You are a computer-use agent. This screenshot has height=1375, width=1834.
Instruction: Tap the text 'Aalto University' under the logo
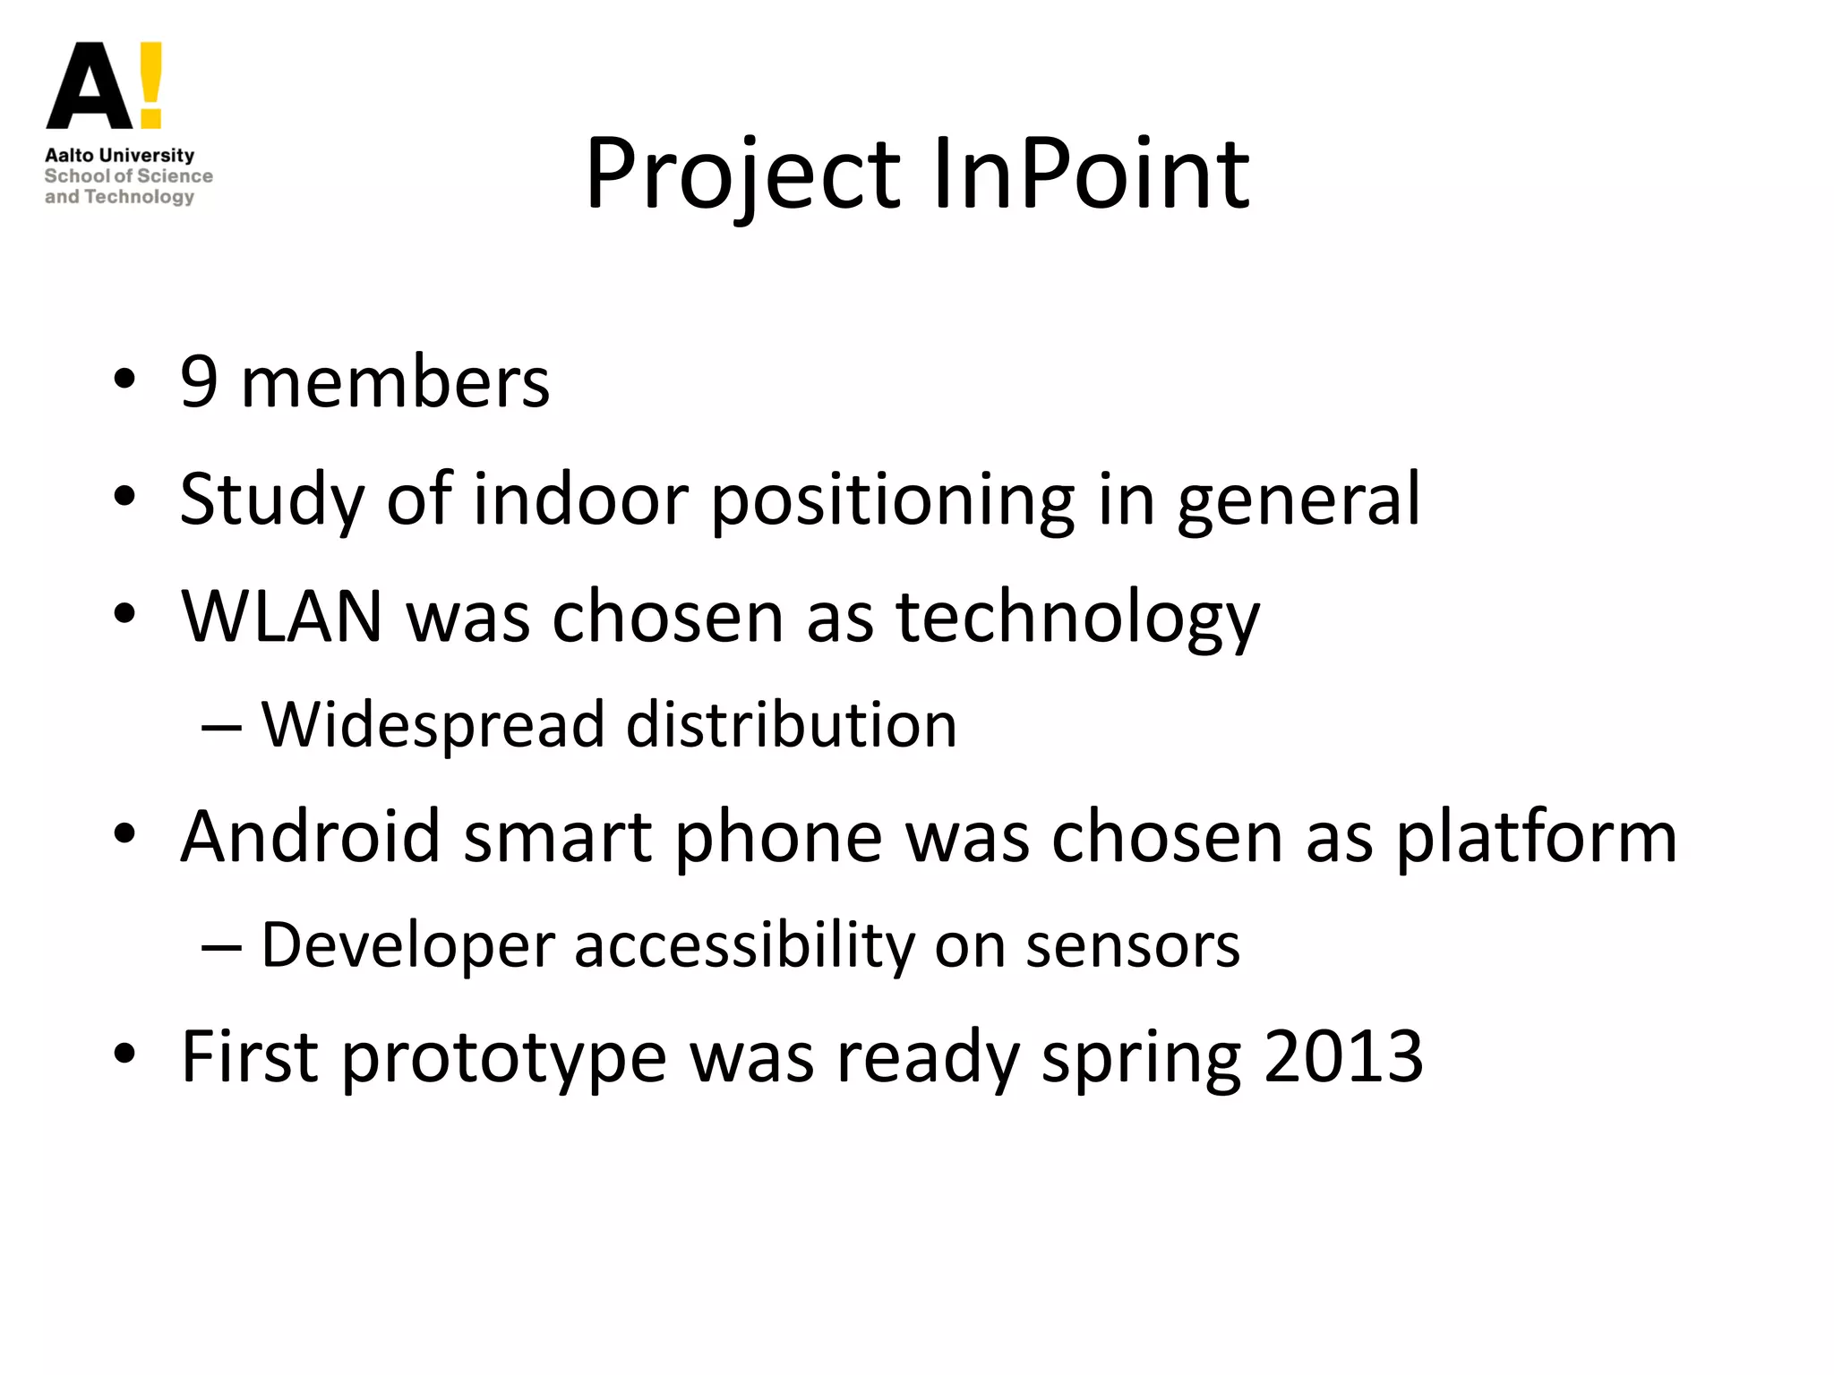[119, 155]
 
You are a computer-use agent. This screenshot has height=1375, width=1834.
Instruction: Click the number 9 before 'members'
[199, 382]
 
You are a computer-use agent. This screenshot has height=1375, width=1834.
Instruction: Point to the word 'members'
[395, 382]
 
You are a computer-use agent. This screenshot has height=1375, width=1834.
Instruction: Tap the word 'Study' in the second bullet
[271, 500]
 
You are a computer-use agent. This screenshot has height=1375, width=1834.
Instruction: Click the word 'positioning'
[893, 500]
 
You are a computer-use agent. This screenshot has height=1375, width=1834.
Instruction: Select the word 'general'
[1298, 500]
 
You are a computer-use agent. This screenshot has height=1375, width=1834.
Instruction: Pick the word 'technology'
[1078, 618]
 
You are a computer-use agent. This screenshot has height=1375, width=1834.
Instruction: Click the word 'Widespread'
[433, 724]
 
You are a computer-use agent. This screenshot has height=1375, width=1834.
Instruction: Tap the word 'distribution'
[792, 724]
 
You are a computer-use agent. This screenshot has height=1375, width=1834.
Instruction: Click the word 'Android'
[311, 836]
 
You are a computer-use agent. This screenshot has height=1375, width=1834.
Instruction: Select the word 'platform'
[1537, 838]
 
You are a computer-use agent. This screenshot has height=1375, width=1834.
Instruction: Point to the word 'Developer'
[407, 945]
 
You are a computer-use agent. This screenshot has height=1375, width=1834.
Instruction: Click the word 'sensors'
[1133, 945]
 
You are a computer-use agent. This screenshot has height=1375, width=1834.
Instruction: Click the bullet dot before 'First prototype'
[124, 1055]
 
